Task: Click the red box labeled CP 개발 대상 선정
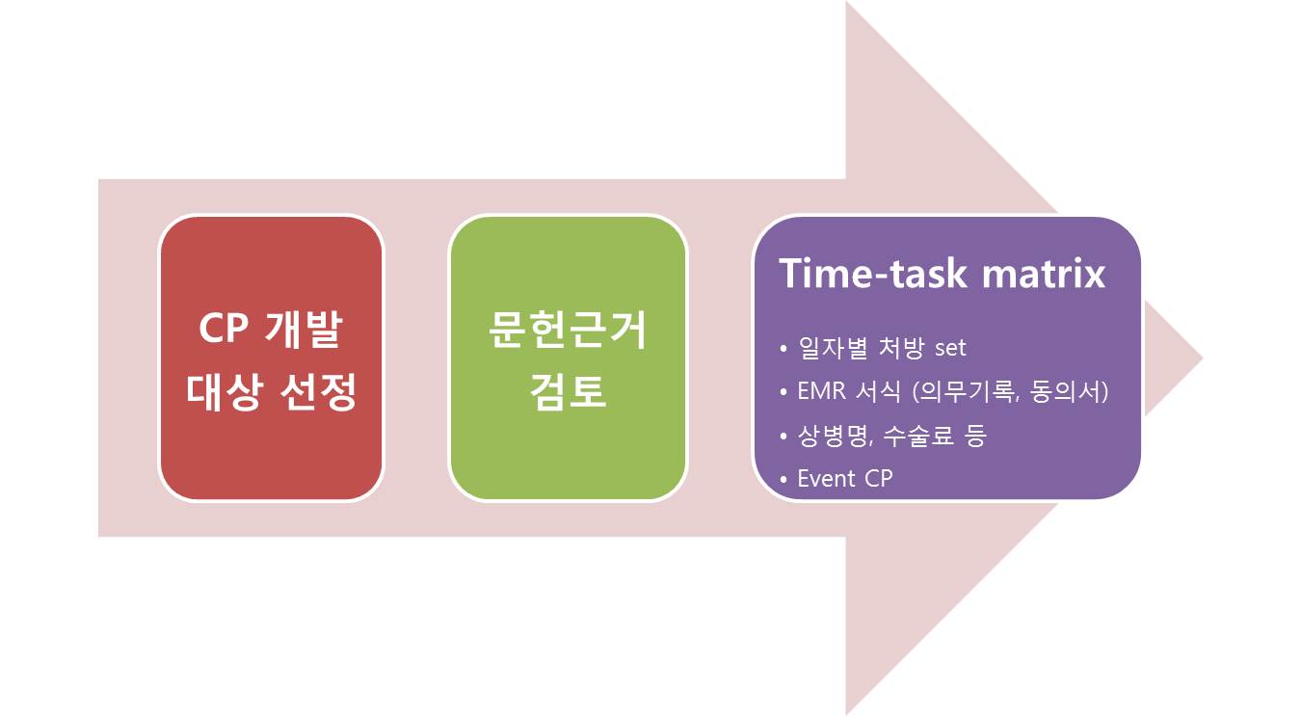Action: (271, 358)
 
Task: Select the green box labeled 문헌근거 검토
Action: (568, 358)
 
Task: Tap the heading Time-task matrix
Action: (942, 273)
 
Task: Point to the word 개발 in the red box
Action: (304, 329)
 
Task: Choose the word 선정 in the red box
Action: (318, 391)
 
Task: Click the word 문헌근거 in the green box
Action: (568, 329)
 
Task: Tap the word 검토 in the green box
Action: (568, 391)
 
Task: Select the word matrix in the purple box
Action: (1043, 274)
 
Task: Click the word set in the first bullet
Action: (950, 349)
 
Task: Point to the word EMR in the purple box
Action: (821, 391)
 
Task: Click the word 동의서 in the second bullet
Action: (1065, 391)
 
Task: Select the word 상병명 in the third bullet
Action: (834, 435)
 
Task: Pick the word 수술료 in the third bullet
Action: (918, 435)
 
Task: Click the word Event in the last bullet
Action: (826, 479)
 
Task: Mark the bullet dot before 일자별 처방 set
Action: (783, 349)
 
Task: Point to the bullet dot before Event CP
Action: (783, 480)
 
